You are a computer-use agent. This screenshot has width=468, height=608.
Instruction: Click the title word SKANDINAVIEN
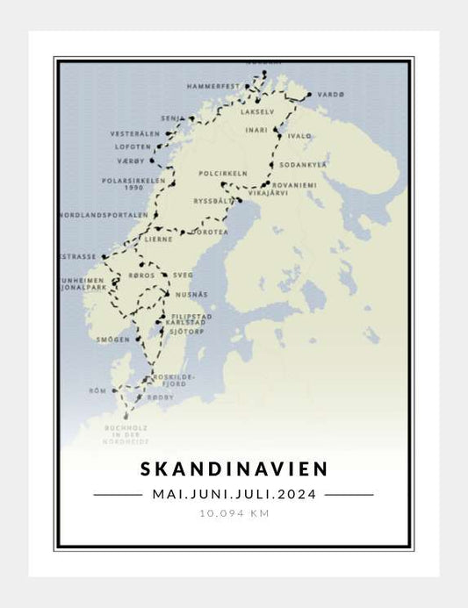[x=233, y=469]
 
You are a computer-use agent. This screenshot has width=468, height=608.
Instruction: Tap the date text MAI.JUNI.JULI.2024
[x=234, y=494]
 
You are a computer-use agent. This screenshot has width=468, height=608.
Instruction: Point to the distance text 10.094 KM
[x=234, y=513]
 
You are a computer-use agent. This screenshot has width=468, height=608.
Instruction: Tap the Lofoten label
[x=133, y=147]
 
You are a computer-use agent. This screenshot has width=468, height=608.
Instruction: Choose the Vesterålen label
[x=135, y=133]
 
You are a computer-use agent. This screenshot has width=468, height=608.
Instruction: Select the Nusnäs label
[x=191, y=294]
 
